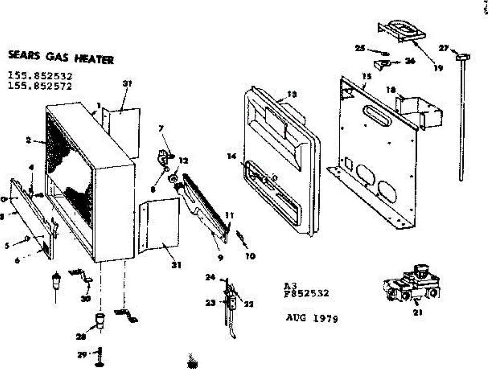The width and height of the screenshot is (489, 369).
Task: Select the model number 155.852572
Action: [x=40, y=86]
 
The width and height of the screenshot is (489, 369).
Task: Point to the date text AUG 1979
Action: [x=312, y=318]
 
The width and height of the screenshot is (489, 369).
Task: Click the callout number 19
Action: [x=438, y=68]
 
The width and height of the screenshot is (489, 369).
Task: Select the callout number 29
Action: [x=81, y=355]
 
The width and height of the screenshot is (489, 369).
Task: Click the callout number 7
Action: [x=161, y=128]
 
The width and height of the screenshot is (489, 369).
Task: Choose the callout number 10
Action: [x=250, y=256]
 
